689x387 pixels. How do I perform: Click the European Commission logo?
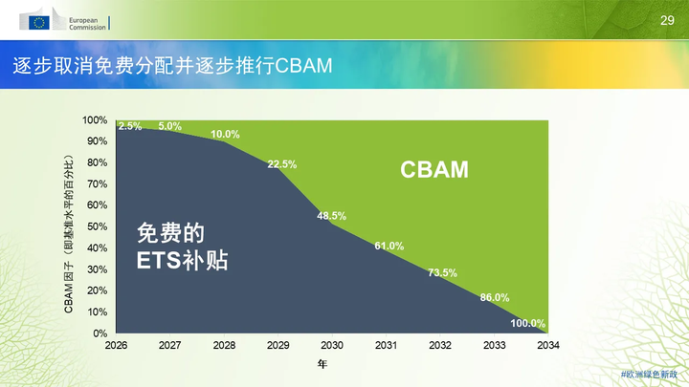point(65,21)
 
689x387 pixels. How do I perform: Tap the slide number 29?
point(667,20)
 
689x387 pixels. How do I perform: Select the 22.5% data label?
point(282,164)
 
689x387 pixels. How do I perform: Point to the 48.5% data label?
point(332,216)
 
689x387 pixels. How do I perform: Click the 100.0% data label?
point(527,323)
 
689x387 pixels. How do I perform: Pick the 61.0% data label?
point(389,246)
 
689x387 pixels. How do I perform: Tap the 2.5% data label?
point(130,126)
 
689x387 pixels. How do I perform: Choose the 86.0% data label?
point(495,297)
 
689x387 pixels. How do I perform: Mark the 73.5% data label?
point(442,272)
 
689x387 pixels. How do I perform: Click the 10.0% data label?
point(225,134)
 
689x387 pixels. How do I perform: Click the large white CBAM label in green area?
point(434,170)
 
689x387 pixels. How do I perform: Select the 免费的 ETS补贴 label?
point(182,246)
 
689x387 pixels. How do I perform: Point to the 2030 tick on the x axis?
point(332,345)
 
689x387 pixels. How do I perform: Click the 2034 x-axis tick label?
point(548,345)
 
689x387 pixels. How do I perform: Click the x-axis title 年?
point(322,364)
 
